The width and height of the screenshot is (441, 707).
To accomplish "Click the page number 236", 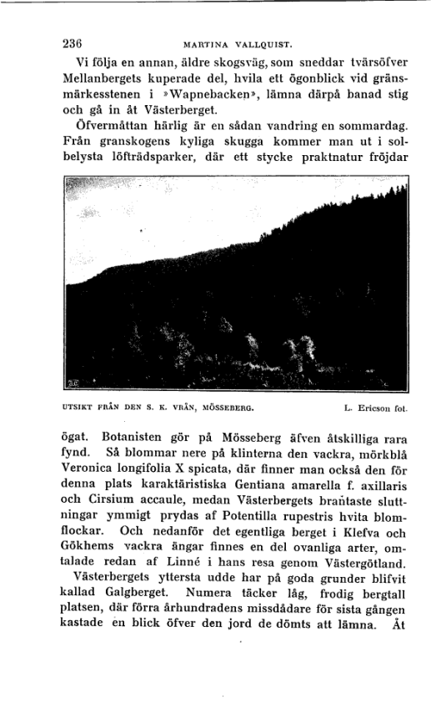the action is (x=76, y=43).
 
